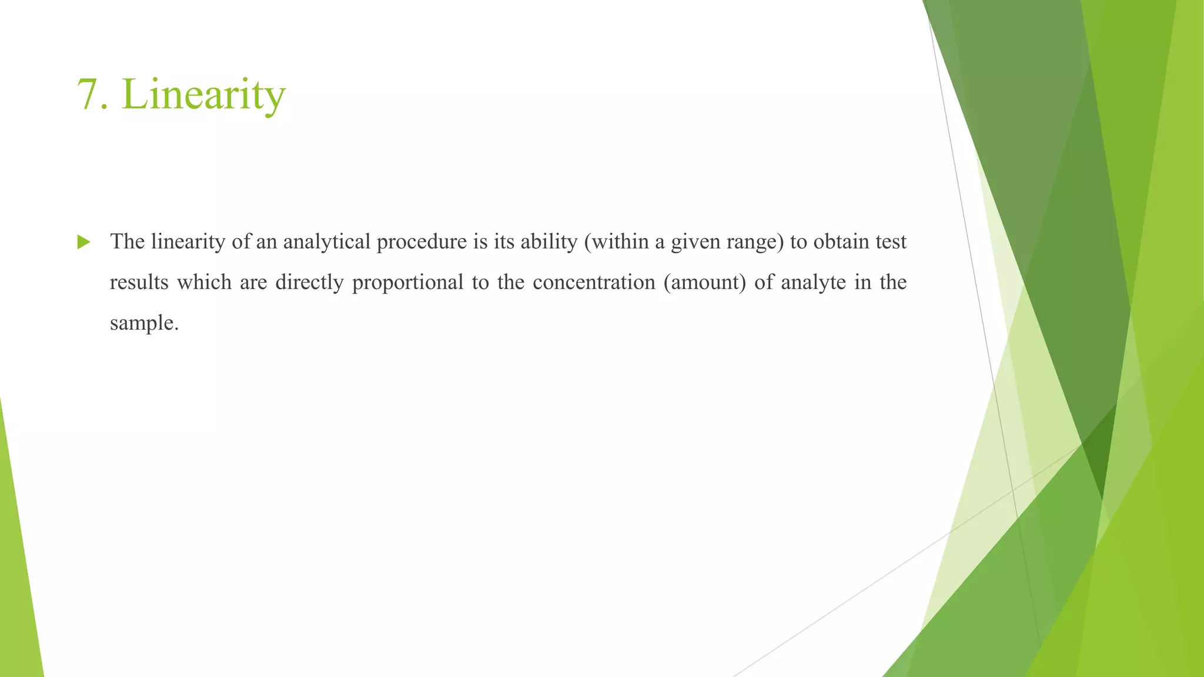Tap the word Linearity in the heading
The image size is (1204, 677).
click(x=203, y=95)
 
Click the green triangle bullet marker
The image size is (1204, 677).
click(x=83, y=242)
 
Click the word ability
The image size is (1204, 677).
click(x=549, y=242)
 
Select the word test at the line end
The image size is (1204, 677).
click(x=891, y=242)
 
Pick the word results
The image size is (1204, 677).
click(x=139, y=282)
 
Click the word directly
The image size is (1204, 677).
click(x=309, y=282)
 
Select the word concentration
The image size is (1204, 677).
click(x=594, y=282)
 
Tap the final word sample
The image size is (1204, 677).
click(x=143, y=323)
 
